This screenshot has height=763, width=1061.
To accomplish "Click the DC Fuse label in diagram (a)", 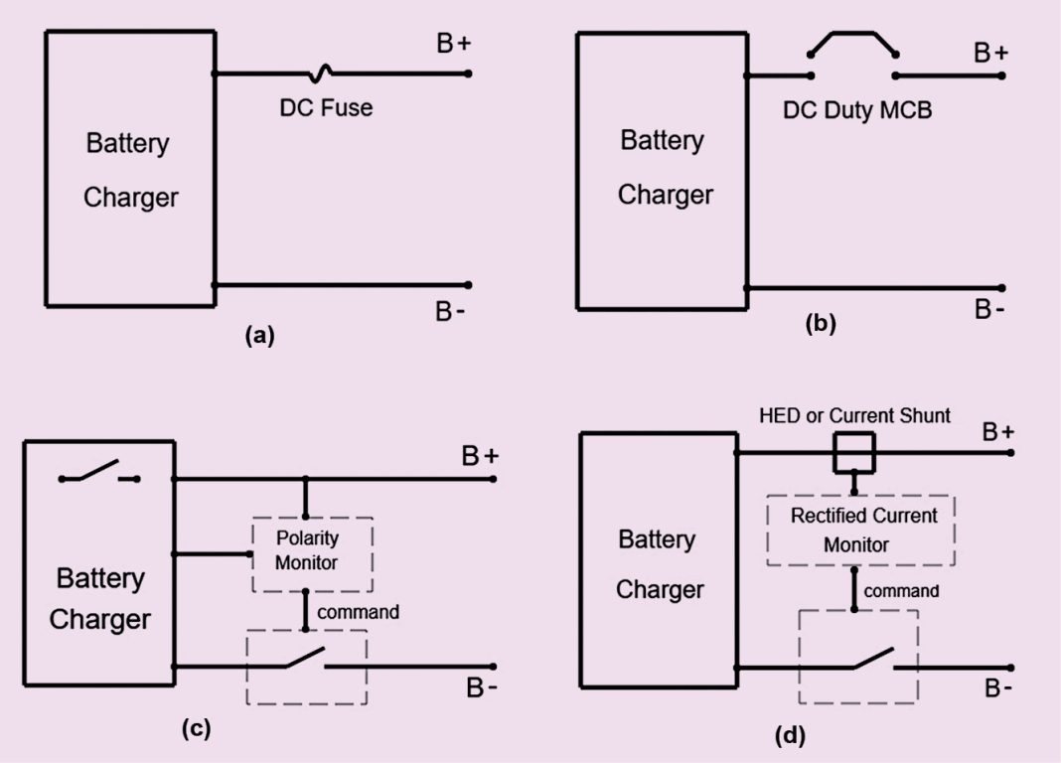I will coord(325,107).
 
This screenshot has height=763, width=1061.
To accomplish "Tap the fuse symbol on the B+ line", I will coord(320,73).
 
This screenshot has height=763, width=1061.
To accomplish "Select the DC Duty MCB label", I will coord(856,110).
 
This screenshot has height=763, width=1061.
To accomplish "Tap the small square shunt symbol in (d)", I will coord(853,453).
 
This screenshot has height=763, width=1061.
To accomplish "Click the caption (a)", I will coord(259,336).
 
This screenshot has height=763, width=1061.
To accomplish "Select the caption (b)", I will coord(821,322).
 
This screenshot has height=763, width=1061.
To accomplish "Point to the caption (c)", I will coord(196,728).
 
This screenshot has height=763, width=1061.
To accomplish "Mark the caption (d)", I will coord(790,736).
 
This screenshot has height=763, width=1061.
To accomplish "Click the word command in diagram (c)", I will coord(358,612).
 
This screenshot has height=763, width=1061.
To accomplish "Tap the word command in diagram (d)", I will coord(901,591).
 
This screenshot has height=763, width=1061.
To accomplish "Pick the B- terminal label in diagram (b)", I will coord(988,310).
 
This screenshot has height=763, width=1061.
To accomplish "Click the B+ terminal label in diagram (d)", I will coord(997,432).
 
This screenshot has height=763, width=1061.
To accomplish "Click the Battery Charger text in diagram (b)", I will coord(665,167).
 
